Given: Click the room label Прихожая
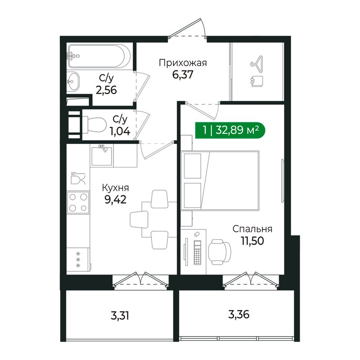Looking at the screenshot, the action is (183, 63).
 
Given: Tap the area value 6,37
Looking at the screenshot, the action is (183, 74).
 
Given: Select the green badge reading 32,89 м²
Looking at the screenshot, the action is (230, 130).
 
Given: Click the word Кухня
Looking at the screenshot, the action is (116, 188).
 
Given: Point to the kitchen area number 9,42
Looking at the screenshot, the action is (116, 199).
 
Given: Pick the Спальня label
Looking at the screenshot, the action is (252, 229).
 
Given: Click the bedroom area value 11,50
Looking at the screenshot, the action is (252, 241).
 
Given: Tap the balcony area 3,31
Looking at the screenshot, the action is (120, 316).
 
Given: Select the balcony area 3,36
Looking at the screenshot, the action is (239, 314).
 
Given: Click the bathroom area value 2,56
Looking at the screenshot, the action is (106, 90).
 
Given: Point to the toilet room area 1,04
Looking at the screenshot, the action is (120, 131).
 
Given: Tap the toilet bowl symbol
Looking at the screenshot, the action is (94, 125).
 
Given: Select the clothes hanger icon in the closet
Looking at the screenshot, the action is (256, 62).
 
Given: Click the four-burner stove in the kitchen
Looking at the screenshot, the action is (78, 202).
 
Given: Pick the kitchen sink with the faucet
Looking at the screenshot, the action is (102, 156).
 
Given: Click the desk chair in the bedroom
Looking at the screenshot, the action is (220, 252).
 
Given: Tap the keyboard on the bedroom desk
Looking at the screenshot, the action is (198, 252).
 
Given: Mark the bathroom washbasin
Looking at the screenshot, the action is (73, 81).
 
